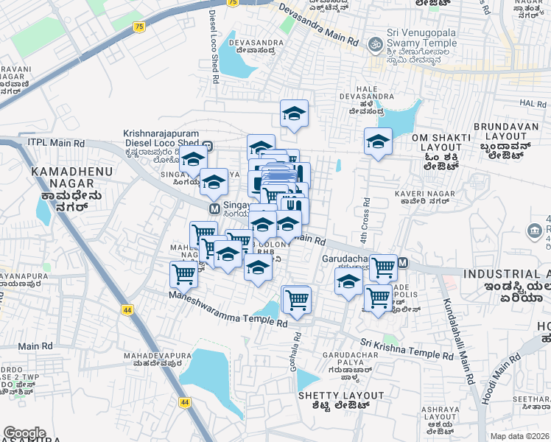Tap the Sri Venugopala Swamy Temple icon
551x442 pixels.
pyautogui.click(x=375, y=45)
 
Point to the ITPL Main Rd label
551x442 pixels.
pyautogui.click(x=56, y=142)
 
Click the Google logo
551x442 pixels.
pyautogui.click(x=24, y=433)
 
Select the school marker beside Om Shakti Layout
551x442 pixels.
pyautogui.click(x=378, y=141)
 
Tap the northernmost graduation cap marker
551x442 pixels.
pyautogui.click(x=294, y=113)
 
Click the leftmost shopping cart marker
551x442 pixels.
pyautogui.click(x=183, y=274)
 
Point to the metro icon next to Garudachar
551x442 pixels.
pyautogui.click(x=403, y=262)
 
